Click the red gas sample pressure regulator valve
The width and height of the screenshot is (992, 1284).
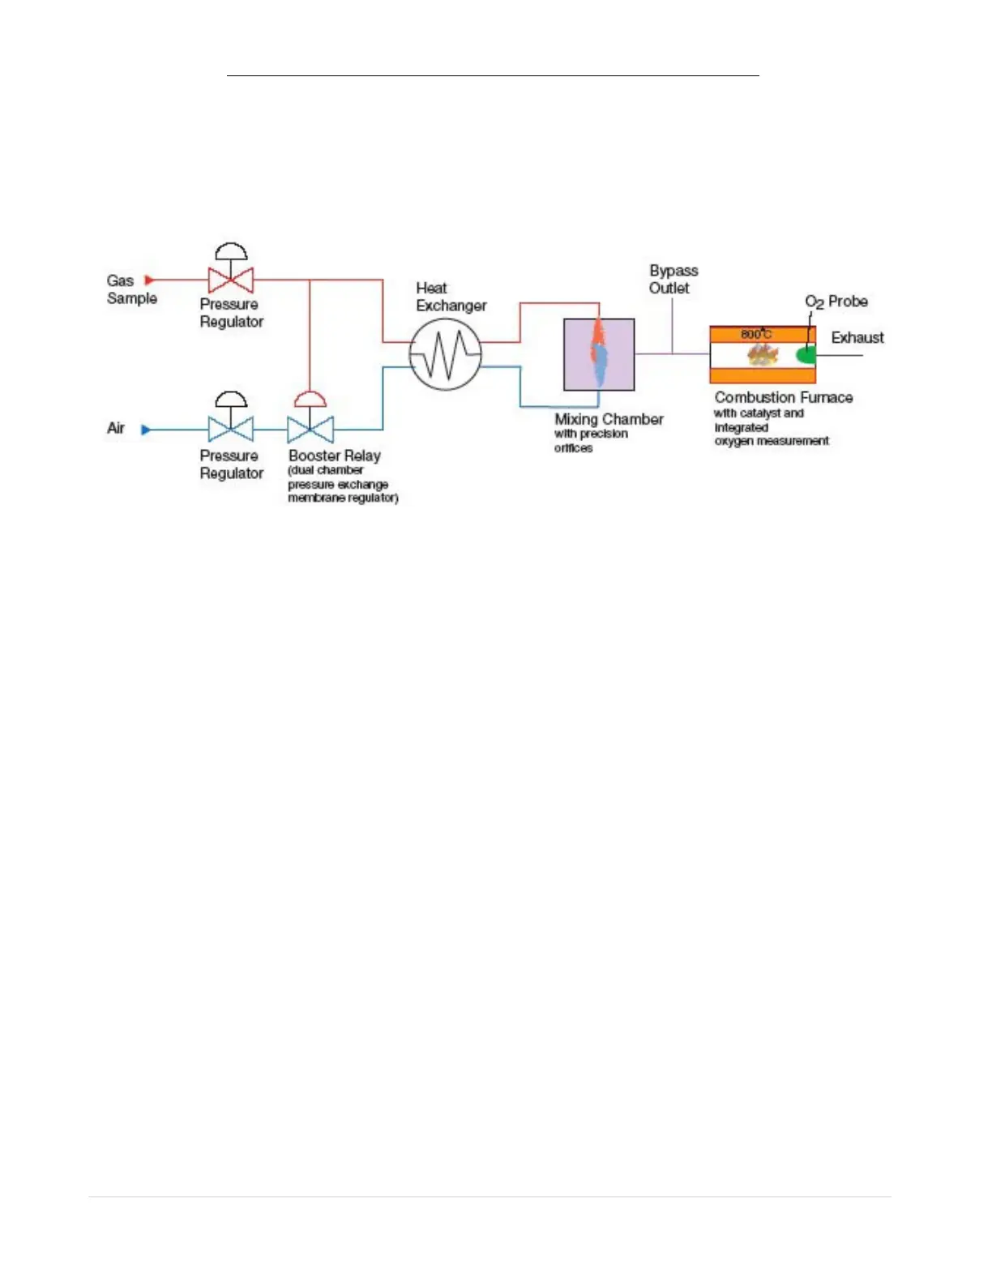click(x=231, y=279)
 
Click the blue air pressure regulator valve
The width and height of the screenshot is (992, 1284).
click(x=231, y=428)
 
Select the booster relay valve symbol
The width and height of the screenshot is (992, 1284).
click(x=310, y=428)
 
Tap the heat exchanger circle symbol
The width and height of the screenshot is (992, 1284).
click(x=445, y=354)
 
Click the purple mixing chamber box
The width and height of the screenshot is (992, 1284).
click(x=599, y=354)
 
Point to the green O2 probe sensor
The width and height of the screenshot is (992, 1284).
click(x=806, y=354)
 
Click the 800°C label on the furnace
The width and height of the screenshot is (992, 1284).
click(x=756, y=334)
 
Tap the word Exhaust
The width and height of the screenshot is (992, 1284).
click(x=857, y=337)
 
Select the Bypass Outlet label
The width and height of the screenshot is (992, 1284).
click(x=673, y=279)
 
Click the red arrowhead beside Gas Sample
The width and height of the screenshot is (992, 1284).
click(x=149, y=280)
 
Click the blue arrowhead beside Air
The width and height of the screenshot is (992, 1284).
click(x=146, y=429)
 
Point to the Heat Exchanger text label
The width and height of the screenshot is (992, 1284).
click(x=451, y=297)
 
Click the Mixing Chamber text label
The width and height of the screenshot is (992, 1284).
click(x=609, y=419)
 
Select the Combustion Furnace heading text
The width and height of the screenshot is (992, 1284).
click(x=784, y=397)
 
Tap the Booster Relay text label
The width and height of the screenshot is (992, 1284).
click(x=334, y=456)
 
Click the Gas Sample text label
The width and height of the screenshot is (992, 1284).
click(x=131, y=289)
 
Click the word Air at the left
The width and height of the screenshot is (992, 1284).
click(x=116, y=428)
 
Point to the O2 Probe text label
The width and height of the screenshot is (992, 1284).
click(x=836, y=302)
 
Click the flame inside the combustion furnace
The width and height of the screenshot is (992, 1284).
click(x=762, y=354)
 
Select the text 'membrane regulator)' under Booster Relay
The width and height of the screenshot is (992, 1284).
click(x=343, y=498)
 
